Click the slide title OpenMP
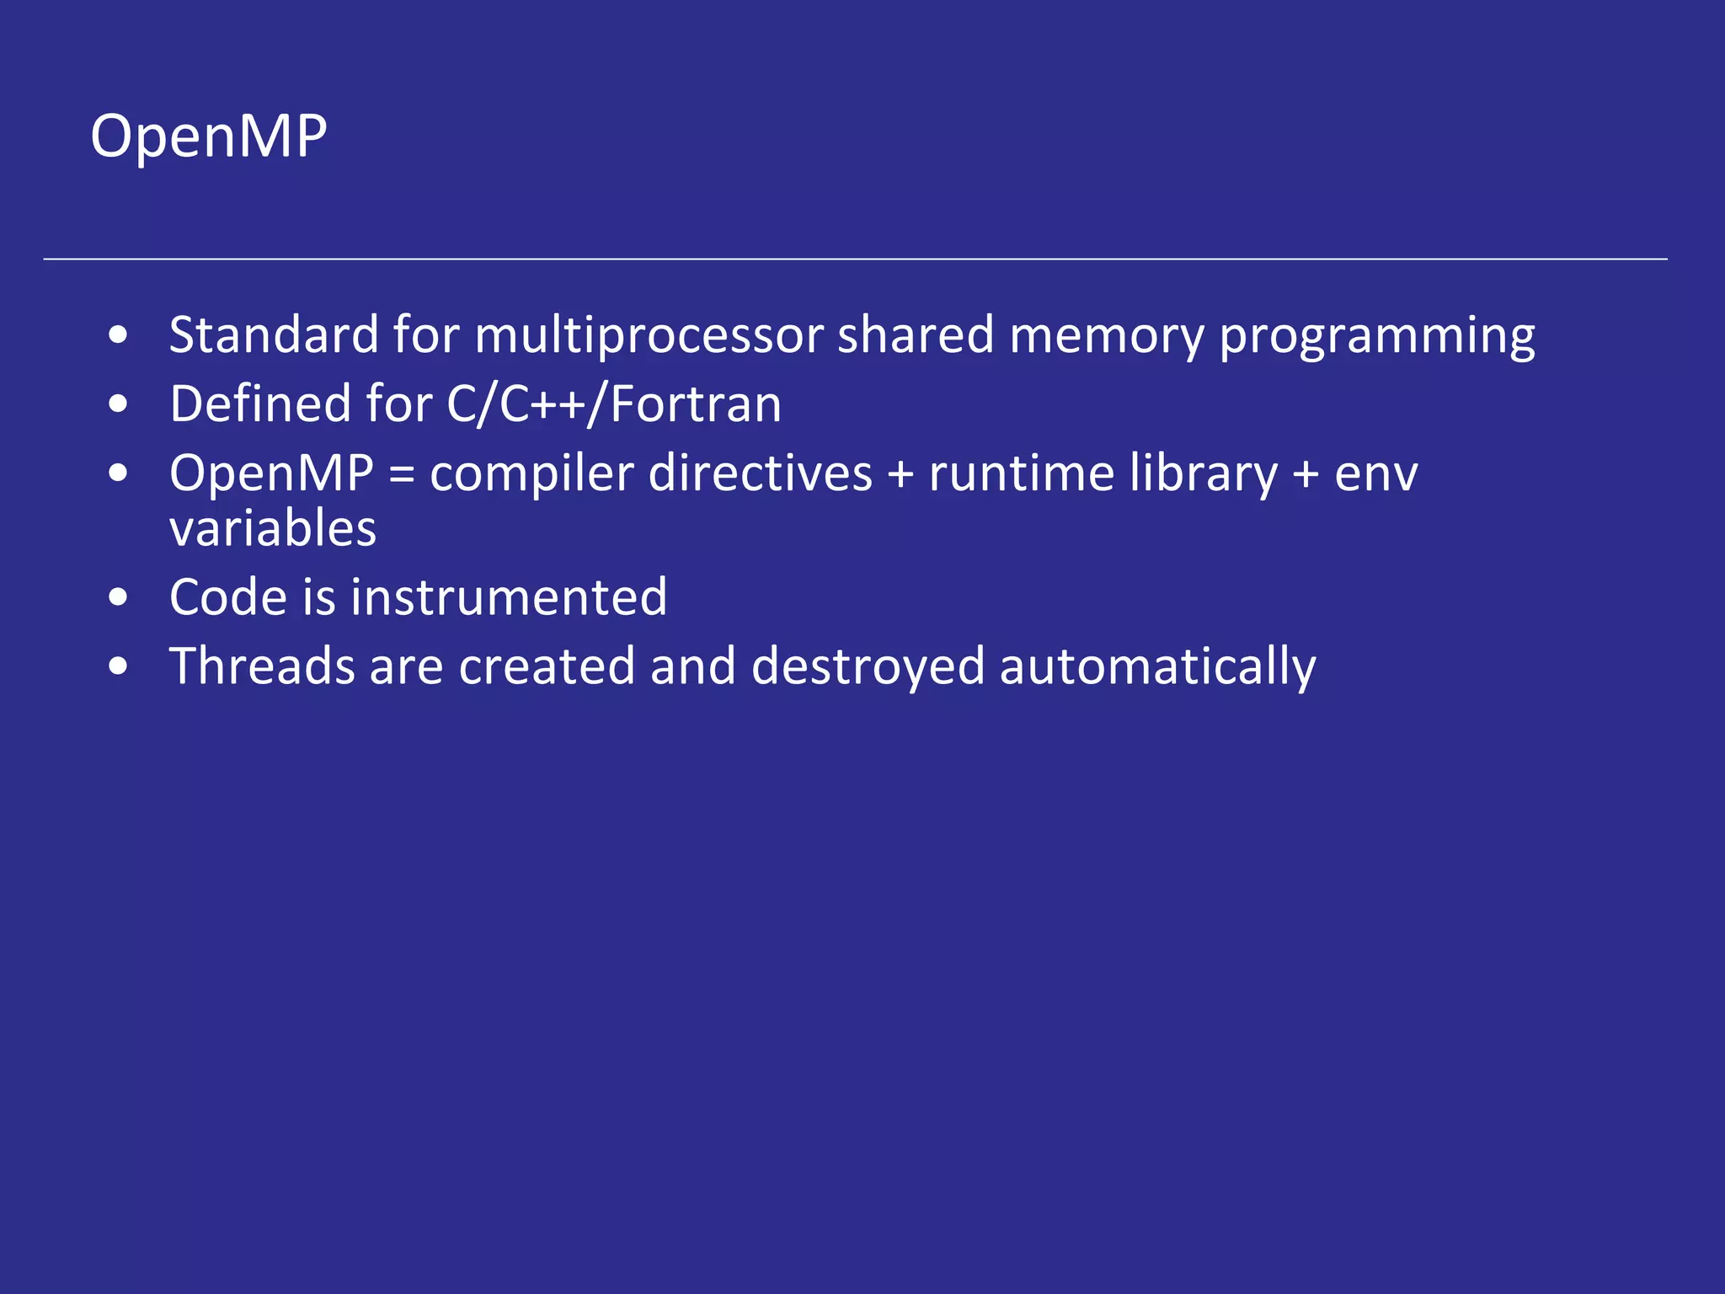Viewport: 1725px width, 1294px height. click(x=208, y=136)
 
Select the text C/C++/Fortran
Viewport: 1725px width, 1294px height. click(x=614, y=404)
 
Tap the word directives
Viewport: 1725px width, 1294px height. click(x=761, y=473)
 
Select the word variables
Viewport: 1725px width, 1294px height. click(x=273, y=529)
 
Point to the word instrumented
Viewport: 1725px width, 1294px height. click(x=509, y=597)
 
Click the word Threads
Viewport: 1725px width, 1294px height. click(x=262, y=666)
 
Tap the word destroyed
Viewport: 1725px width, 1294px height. click(x=868, y=668)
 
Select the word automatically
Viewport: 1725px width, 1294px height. click(x=1157, y=668)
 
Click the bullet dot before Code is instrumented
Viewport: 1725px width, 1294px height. click(x=119, y=598)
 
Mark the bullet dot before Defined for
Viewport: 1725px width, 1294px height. click(x=119, y=404)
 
